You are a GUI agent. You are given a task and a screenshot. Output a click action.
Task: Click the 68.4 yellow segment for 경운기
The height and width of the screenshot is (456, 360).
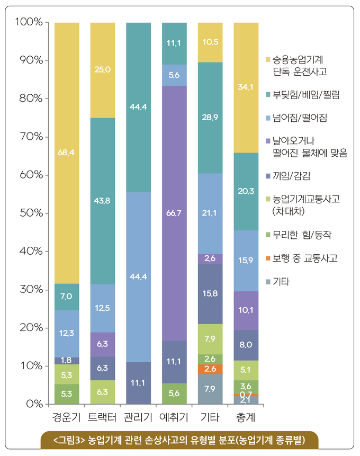(67, 153)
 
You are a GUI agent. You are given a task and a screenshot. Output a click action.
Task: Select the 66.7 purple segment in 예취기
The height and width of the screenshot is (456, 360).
(174, 213)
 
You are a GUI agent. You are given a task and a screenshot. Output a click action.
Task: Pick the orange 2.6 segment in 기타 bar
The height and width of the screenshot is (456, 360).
(210, 369)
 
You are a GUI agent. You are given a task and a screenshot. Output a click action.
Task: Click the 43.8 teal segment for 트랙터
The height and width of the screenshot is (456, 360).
(103, 201)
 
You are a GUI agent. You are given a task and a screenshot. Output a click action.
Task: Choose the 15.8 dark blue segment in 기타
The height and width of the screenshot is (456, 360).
(210, 294)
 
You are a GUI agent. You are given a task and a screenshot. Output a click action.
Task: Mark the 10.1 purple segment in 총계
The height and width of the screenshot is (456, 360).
(246, 310)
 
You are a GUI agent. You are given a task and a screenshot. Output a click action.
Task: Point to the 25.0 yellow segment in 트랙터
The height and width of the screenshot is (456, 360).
(103, 70)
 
